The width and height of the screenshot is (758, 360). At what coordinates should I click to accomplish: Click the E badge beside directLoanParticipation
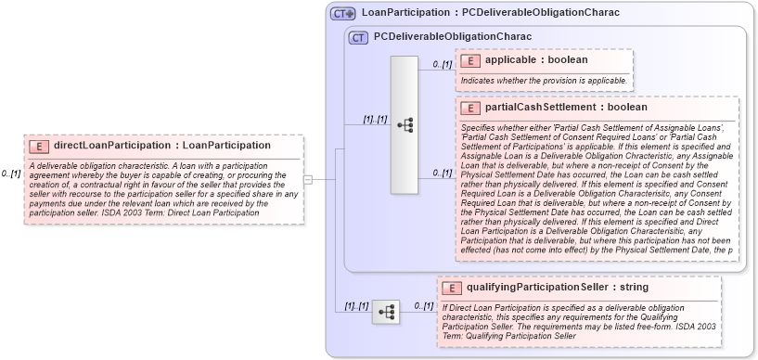tap(40, 146)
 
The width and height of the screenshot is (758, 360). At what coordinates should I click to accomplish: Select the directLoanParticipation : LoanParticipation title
tap(162, 146)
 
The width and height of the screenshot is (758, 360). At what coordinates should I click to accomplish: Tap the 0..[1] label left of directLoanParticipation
tap(11, 174)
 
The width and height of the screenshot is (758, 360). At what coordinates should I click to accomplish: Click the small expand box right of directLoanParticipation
tap(308, 179)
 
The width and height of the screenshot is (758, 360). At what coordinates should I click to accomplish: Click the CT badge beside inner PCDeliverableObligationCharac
tap(358, 37)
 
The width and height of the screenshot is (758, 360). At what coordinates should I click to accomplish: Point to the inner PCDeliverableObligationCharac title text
tap(452, 37)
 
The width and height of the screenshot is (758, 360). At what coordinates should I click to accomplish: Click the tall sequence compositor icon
tap(405, 124)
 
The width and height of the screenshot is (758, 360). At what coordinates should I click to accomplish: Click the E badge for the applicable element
tap(470, 60)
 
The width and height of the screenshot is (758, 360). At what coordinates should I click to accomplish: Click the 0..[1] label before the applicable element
tap(442, 64)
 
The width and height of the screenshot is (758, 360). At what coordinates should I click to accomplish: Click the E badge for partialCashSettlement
tap(470, 108)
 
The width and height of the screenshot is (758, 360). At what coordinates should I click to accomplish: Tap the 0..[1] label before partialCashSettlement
tap(442, 173)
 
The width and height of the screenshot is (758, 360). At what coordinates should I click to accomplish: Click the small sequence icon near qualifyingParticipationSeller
tap(385, 312)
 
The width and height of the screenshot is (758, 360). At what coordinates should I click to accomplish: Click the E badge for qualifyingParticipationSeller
tap(452, 288)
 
